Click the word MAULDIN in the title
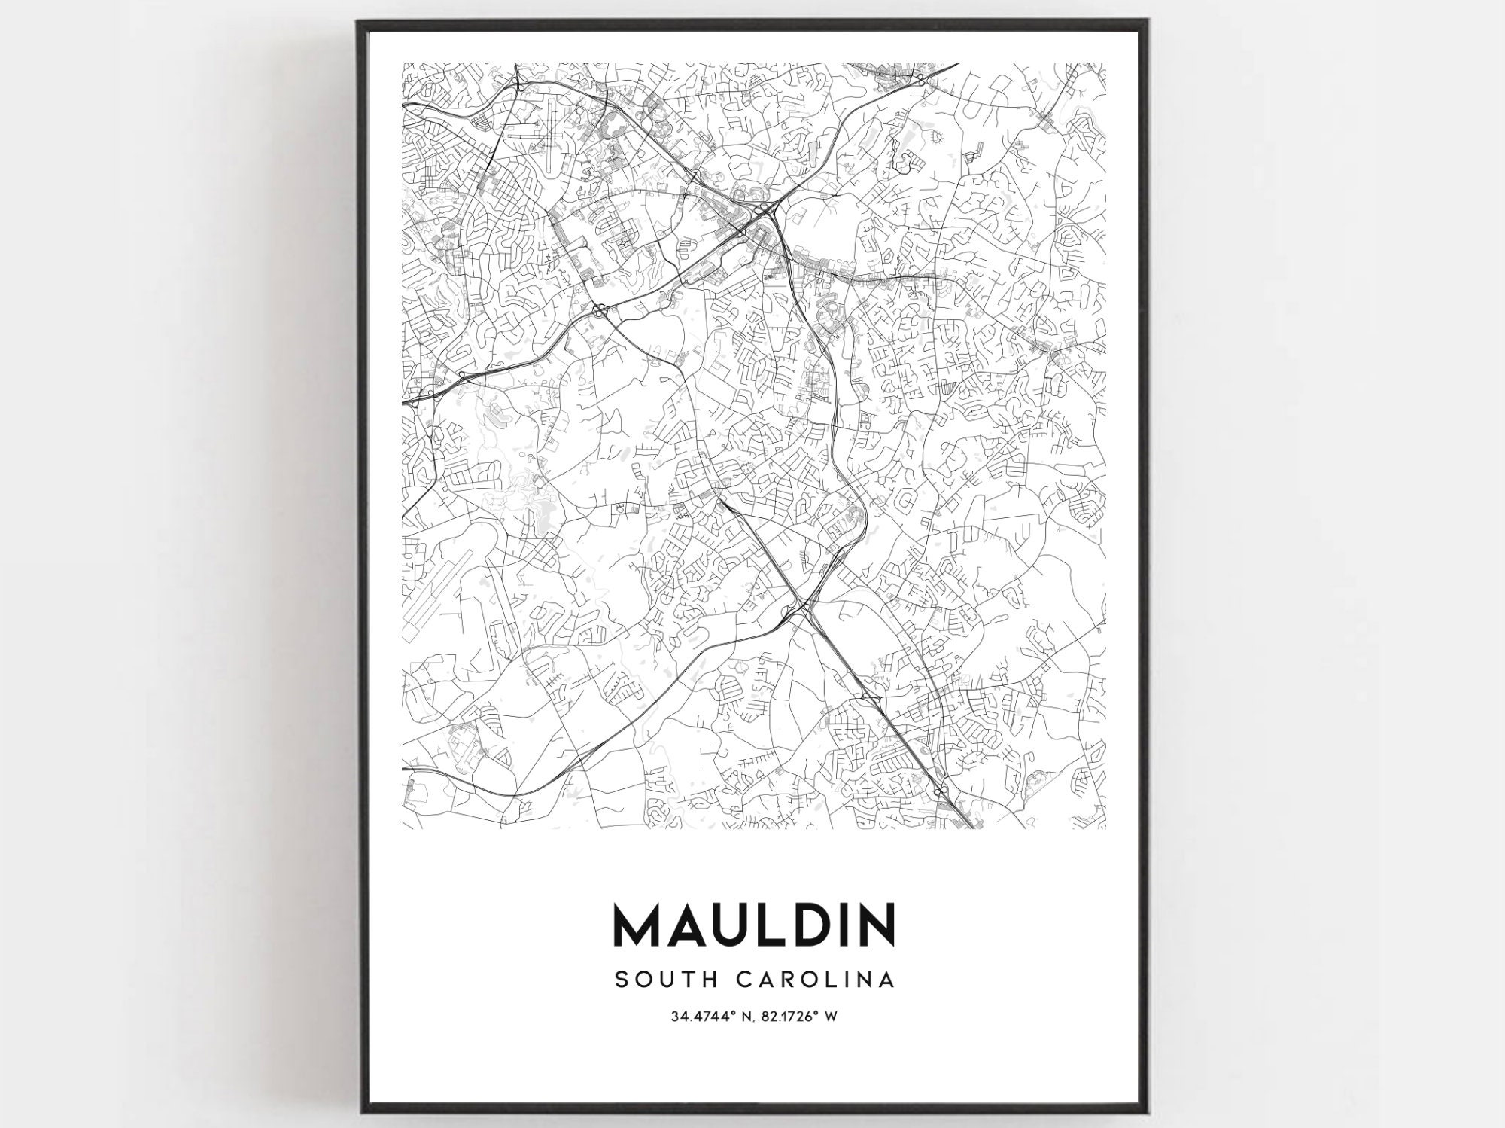[x=755, y=925]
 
